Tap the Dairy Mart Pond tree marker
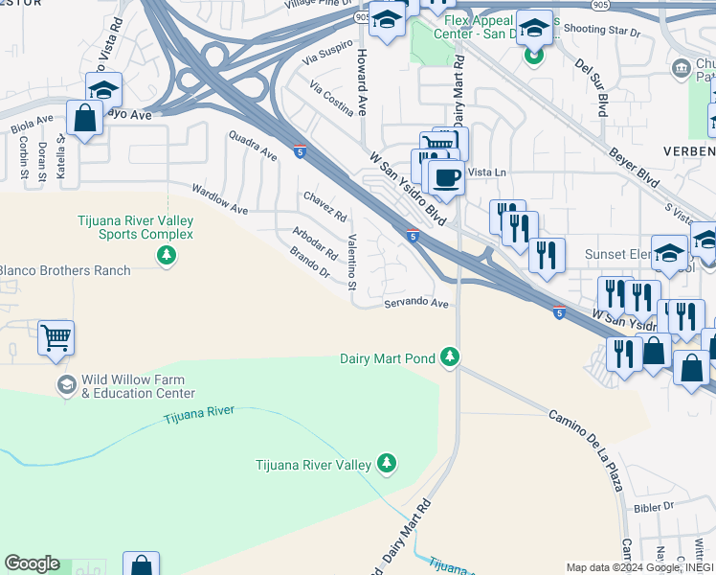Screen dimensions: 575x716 click(x=449, y=358)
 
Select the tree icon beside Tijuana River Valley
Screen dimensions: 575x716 click(x=386, y=465)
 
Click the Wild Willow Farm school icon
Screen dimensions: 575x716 click(x=66, y=385)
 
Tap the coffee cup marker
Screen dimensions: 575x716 click(x=445, y=176)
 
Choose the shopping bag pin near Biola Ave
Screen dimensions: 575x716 click(x=85, y=119)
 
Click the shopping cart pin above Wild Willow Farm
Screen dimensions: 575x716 click(x=56, y=337)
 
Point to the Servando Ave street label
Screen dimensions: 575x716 click(x=416, y=304)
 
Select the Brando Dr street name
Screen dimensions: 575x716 click(x=309, y=263)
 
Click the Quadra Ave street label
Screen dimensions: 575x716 click(x=253, y=147)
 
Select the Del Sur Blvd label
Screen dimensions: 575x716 click(x=592, y=90)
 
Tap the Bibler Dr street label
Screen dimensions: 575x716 click(x=655, y=506)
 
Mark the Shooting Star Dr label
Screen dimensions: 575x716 click(x=600, y=32)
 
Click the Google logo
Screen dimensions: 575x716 click(x=32, y=563)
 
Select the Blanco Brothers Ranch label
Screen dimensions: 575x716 click(x=63, y=271)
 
